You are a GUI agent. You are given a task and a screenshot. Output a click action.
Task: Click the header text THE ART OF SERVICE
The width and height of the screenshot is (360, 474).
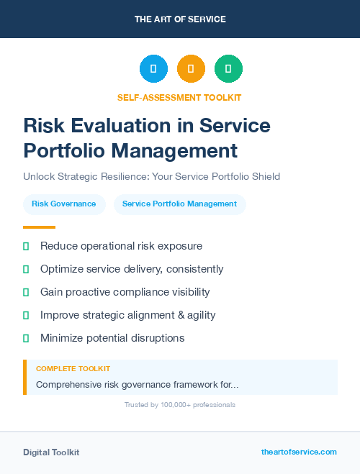(180, 19)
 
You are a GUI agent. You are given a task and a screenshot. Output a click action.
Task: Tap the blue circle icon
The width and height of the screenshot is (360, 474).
(153, 69)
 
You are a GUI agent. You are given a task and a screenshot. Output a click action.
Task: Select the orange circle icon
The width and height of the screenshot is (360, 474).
(191, 69)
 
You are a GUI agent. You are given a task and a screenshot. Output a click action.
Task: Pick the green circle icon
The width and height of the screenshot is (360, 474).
(228, 69)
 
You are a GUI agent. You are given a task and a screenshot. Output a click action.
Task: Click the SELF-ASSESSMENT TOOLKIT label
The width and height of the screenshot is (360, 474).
(180, 97)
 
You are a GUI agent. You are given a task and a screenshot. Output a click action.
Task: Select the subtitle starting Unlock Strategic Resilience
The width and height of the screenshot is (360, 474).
(151, 176)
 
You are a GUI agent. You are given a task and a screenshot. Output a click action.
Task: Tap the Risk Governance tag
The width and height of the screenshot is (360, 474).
(64, 204)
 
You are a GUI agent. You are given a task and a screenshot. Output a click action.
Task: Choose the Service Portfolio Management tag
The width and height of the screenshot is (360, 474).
(179, 204)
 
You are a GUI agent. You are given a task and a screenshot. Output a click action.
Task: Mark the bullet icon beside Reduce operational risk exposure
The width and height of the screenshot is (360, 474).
(26, 246)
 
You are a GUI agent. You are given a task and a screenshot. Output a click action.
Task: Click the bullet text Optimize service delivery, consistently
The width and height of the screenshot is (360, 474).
(132, 269)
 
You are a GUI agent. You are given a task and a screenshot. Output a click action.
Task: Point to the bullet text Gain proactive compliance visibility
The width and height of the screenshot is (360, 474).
(125, 292)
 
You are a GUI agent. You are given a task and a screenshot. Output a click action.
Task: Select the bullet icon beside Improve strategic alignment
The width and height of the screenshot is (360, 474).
(26, 315)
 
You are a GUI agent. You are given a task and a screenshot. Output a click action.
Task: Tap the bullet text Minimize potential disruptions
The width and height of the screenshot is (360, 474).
(112, 338)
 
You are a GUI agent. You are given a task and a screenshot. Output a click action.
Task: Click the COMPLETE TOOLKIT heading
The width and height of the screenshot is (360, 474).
(73, 369)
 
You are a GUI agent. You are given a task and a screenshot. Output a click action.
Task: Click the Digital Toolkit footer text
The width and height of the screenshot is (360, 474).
(51, 452)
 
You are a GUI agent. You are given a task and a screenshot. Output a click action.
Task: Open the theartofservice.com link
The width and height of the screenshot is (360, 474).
(299, 452)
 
